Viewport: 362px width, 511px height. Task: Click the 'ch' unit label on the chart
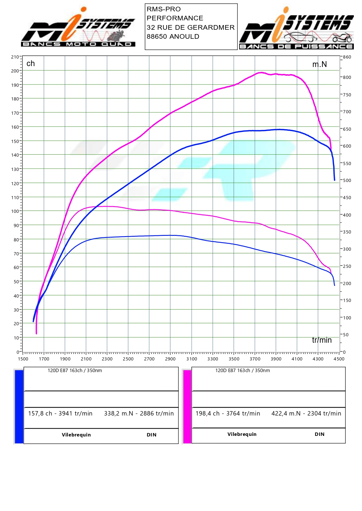[31, 63]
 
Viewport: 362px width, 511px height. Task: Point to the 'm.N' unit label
[319, 64]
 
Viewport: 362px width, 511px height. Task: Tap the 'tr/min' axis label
[322, 340]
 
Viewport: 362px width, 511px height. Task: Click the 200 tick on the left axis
[15, 71]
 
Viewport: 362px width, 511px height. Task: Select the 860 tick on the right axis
[347, 57]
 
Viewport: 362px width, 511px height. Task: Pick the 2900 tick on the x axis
[170, 359]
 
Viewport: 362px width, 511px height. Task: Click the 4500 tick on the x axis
[339, 359]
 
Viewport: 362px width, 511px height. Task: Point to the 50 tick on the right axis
[346, 335]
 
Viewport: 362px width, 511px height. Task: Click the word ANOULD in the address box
[185, 36]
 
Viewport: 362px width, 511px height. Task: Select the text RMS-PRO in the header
[164, 9]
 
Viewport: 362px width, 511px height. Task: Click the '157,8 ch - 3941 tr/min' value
[60, 413]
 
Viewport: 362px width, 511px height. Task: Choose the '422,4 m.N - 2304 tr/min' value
[306, 413]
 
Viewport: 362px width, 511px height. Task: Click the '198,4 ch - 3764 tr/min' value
[228, 413]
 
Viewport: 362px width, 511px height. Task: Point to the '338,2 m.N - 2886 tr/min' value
[139, 413]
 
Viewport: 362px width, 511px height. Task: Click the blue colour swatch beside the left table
[19, 406]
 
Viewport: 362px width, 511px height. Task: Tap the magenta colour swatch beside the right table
[187, 406]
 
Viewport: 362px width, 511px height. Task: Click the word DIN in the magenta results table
[319, 434]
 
